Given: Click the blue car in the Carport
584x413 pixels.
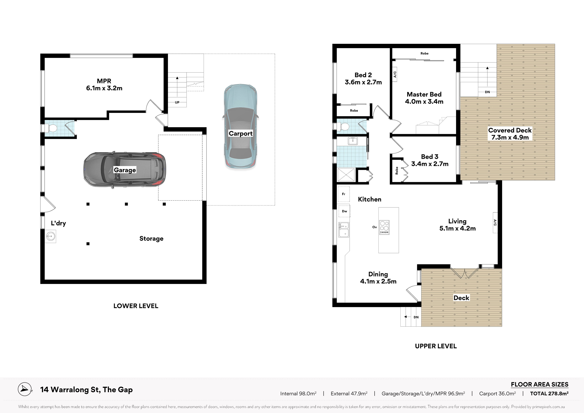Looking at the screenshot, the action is tap(241, 126).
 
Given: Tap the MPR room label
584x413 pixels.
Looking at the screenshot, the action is tap(104, 81).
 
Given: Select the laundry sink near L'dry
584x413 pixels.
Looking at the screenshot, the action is tap(50, 236).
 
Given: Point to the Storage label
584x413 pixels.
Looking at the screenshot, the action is tap(151, 239).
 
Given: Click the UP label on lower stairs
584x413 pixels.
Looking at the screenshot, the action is tap(177, 102).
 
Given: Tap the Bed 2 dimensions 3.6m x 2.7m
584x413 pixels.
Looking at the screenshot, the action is tap(363, 82).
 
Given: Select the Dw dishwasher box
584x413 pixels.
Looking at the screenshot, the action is tap(344, 211).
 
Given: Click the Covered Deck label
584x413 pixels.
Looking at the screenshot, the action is tap(510, 130).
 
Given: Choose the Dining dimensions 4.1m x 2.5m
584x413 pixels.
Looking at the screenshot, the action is tap(378, 281).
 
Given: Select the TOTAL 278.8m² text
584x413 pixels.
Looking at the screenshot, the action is tap(549, 393).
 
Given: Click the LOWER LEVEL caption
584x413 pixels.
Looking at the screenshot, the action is tap(136, 306).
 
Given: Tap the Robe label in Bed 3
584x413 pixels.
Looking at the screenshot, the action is tap(397, 171).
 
